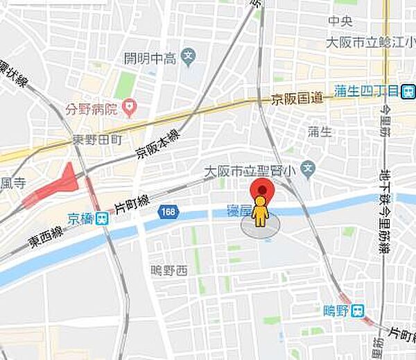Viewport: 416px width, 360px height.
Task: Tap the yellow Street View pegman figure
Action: pos(260,211)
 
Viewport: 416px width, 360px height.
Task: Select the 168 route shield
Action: pos(166,210)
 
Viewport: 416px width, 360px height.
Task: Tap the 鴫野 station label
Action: pos(336,311)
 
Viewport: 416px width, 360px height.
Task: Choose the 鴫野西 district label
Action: pos(169,270)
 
